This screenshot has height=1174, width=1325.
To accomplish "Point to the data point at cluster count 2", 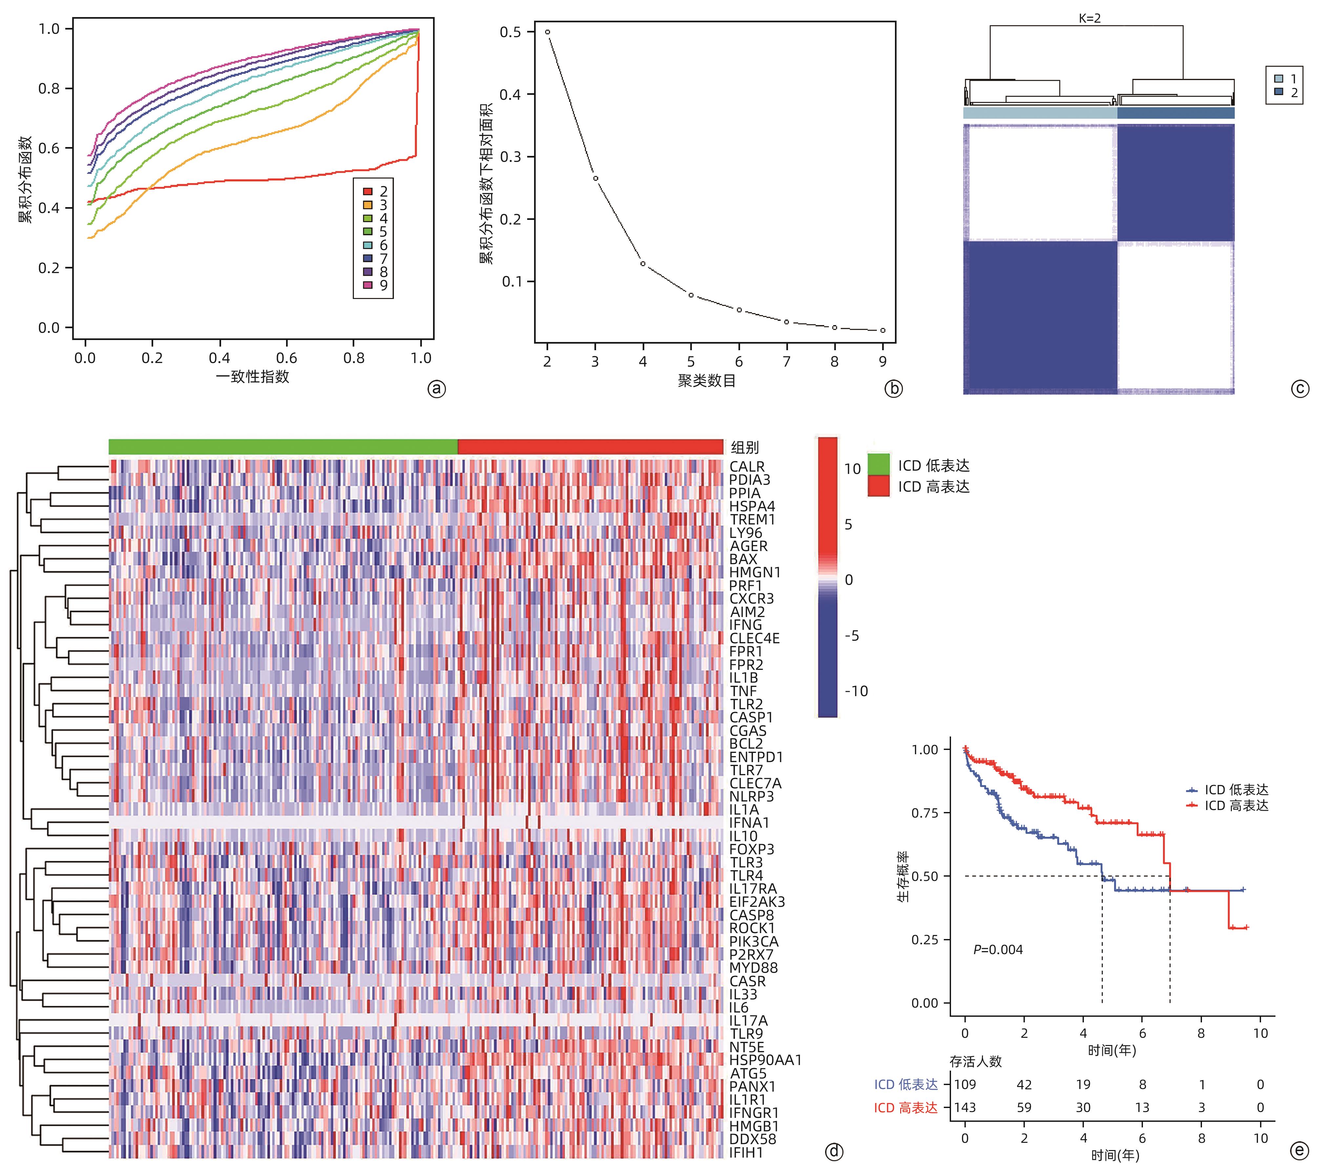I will (x=547, y=32).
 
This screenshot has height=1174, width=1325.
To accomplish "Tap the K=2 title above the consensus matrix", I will (x=1090, y=19).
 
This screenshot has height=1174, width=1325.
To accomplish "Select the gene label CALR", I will (x=747, y=466).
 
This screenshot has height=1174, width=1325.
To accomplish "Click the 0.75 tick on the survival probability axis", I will (x=925, y=813).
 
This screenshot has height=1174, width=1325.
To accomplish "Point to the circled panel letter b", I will (x=893, y=389).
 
